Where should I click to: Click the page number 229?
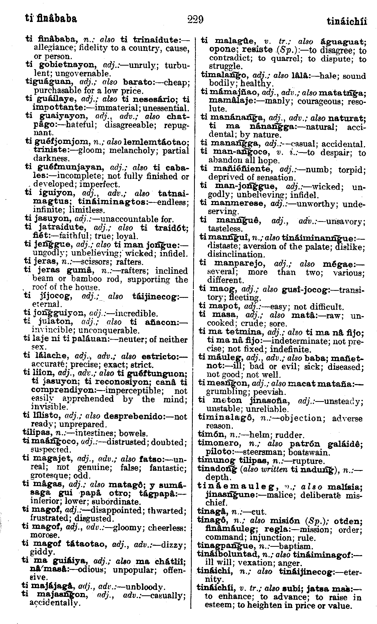(195, 20)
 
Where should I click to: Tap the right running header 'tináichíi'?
(347, 21)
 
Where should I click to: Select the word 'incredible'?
(136, 314)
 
